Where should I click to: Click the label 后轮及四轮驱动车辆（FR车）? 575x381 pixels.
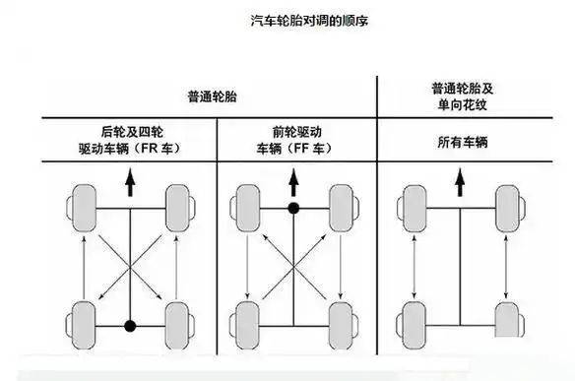pos(130,142)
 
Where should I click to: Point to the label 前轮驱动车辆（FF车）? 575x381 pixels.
pos(292,142)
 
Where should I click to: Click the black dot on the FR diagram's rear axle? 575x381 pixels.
pos(129,325)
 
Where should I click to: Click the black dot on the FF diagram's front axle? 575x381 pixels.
pos(292,209)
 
